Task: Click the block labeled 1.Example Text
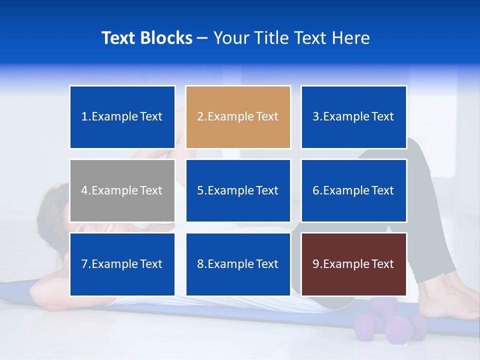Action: click(122, 117)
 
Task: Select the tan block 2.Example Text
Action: click(238, 117)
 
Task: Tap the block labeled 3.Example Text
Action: click(353, 117)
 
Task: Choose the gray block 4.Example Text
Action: click(122, 190)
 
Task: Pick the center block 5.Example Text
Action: click(238, 190)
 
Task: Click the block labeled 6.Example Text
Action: click(353, 190)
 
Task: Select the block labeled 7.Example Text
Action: click(122, 264)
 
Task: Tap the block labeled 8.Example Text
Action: click(238, 264)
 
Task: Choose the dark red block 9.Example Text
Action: click(353, 264)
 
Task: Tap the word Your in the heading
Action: click(231, 38)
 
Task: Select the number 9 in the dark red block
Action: click(316, 264)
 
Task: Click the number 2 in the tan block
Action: click(200, 117)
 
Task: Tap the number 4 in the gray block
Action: click(84, 190)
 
